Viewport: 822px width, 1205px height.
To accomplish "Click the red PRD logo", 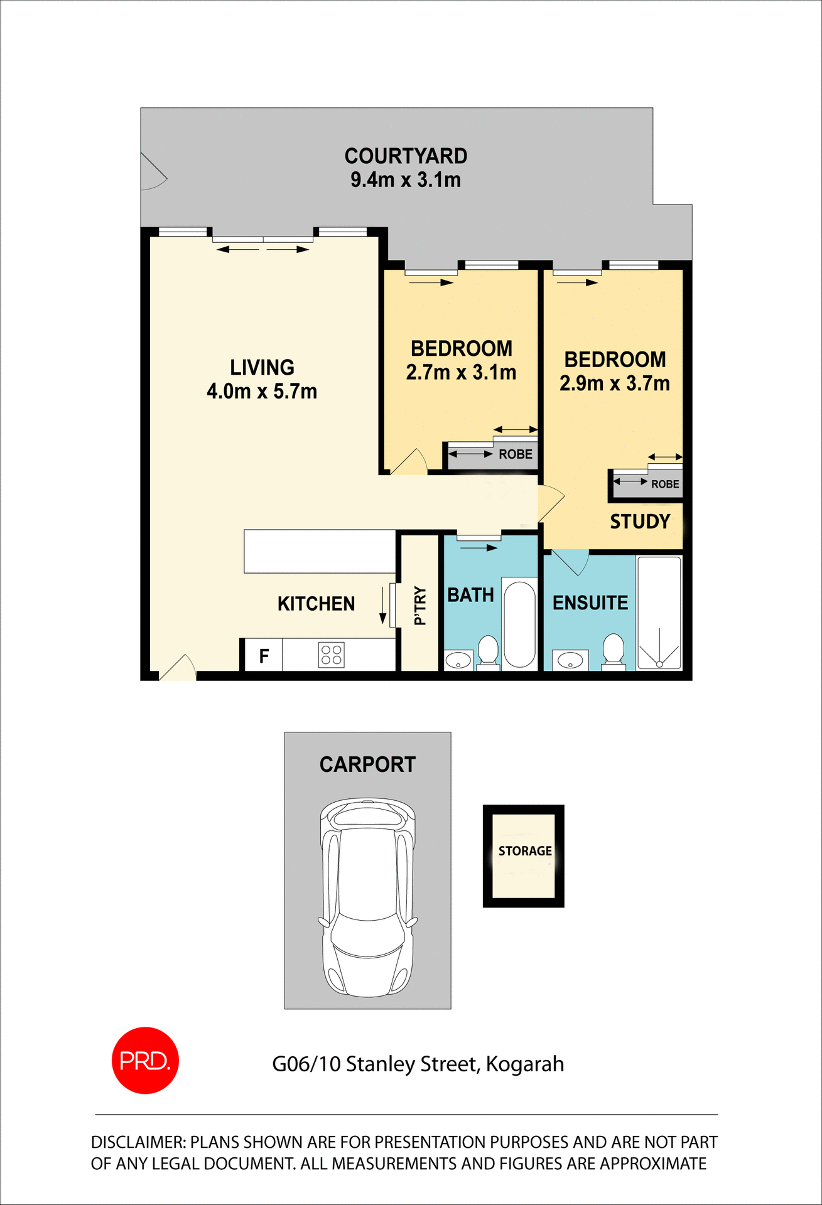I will click(145, 1060).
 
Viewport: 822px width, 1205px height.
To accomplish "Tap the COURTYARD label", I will click(406, 156).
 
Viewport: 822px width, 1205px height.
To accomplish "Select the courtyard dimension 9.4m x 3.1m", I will click(406, 180).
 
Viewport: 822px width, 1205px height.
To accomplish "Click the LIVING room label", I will click(262, 367).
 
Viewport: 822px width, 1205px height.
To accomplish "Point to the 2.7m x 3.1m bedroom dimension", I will click(461, 373).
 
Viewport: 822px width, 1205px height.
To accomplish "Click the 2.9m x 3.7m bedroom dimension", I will click(614, 383).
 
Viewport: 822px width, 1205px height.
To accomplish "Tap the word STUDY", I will click(640, 522).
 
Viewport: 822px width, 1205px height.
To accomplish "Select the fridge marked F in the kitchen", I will click(264, 656).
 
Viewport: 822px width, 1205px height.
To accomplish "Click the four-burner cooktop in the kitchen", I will click(331, 655).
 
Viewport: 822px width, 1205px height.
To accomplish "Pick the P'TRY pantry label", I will click(420, 606).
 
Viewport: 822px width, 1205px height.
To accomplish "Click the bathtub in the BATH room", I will click(519, 624).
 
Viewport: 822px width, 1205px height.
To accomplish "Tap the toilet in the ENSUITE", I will click(613, 650).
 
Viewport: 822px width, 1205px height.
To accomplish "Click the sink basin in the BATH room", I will click(458, 660).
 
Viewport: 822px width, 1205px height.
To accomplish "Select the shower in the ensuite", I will click(659, 612).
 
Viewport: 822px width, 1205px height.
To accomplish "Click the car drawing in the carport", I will click(367, 897).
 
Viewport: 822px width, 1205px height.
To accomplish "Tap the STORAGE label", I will click(525, 851).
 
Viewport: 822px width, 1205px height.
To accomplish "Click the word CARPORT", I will click(367, 764).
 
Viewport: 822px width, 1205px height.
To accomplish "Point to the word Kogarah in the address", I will click(524, 1064).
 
